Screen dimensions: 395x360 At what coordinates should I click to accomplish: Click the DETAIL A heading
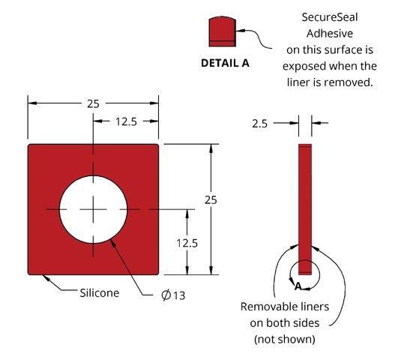pos(225,63)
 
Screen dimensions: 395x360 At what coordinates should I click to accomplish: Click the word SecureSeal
pos(330,17)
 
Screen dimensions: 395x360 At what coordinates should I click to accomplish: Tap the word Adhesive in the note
pos(330,34)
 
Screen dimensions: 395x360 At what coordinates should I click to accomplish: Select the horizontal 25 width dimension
pos(93,103)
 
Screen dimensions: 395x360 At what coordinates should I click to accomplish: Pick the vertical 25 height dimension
pos(211,200)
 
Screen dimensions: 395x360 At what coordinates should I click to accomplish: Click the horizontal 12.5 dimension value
pos(126,121)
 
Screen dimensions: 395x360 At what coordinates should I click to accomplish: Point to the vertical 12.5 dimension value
pos(187,243)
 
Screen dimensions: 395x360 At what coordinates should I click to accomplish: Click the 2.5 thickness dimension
pos(259,124)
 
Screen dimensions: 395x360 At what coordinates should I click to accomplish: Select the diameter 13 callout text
pos(173,295)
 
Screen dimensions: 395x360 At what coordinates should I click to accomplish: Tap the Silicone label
pos(99,293)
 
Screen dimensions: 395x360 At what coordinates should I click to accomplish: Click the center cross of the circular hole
pos(93,209)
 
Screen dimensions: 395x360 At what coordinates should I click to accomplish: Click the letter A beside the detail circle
pos(298,286)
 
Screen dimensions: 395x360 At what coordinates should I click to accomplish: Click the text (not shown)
pos(285,339)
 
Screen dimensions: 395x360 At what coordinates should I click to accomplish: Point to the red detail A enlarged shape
pos(223,31)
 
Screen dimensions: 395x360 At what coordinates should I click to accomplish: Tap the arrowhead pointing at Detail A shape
pos(240,31)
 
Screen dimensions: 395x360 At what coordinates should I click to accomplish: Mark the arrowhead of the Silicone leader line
pos(45,277)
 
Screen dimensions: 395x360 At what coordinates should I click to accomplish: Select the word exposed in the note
pos(304,66)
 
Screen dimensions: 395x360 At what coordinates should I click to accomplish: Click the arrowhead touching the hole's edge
pos(112,242)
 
